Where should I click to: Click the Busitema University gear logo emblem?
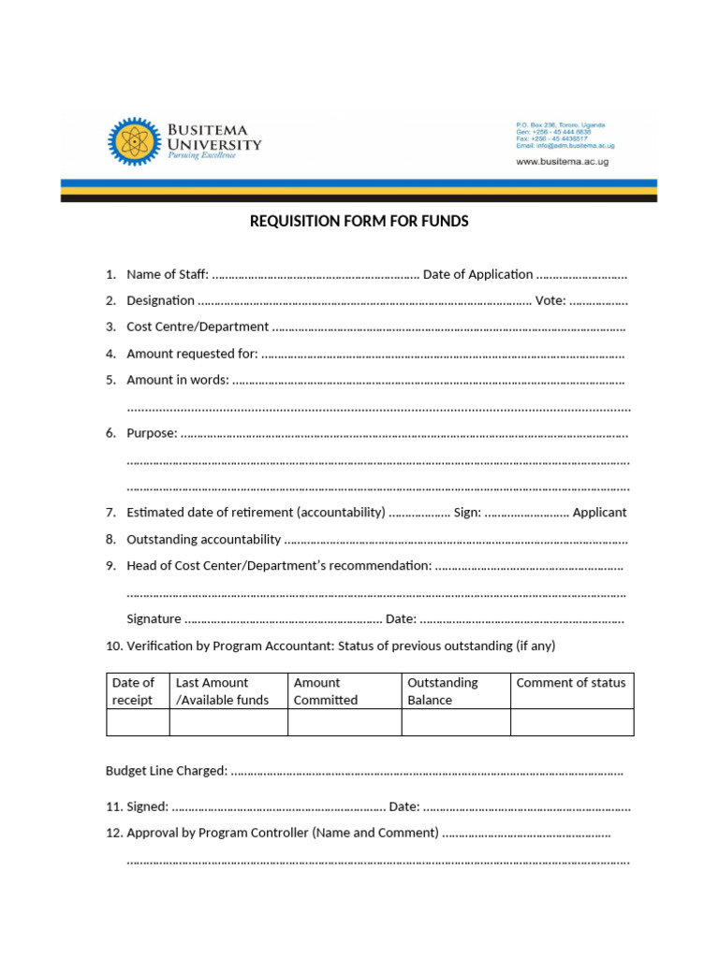[134, 142]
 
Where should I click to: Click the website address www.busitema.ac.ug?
[562, 161]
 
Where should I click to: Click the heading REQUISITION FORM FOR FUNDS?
[359, 222]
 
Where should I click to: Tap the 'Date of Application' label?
[477, 274]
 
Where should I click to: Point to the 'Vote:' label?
[550, 300]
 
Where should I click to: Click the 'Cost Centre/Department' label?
[198, 327]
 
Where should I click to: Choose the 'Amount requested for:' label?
[192, 354]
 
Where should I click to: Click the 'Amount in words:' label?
[178, 380]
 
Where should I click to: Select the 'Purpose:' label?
[152, 433]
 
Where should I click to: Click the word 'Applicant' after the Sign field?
[599, 512]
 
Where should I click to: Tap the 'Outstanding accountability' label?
[203, 539]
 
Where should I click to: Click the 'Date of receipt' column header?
[133, 691]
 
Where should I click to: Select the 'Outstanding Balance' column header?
[442, 691]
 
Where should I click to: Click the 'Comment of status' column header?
[570, 683]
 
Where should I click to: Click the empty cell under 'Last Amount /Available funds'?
[228, 722]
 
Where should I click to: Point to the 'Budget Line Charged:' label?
[166, 771]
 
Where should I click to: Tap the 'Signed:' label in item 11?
[148, 806]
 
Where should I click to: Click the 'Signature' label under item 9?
[154, 618]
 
